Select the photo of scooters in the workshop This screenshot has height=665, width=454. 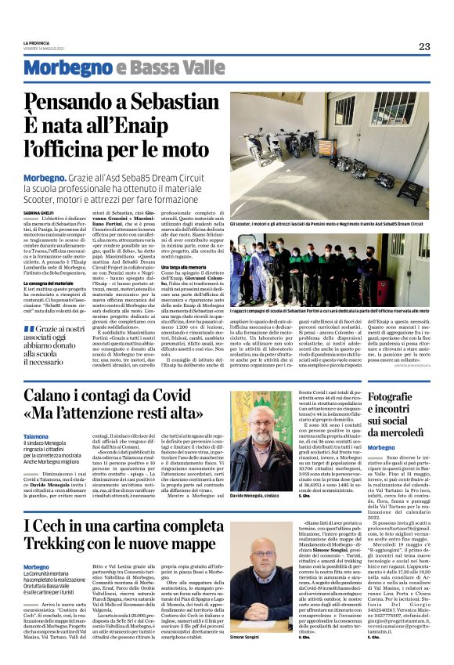(x=334, y=155)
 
